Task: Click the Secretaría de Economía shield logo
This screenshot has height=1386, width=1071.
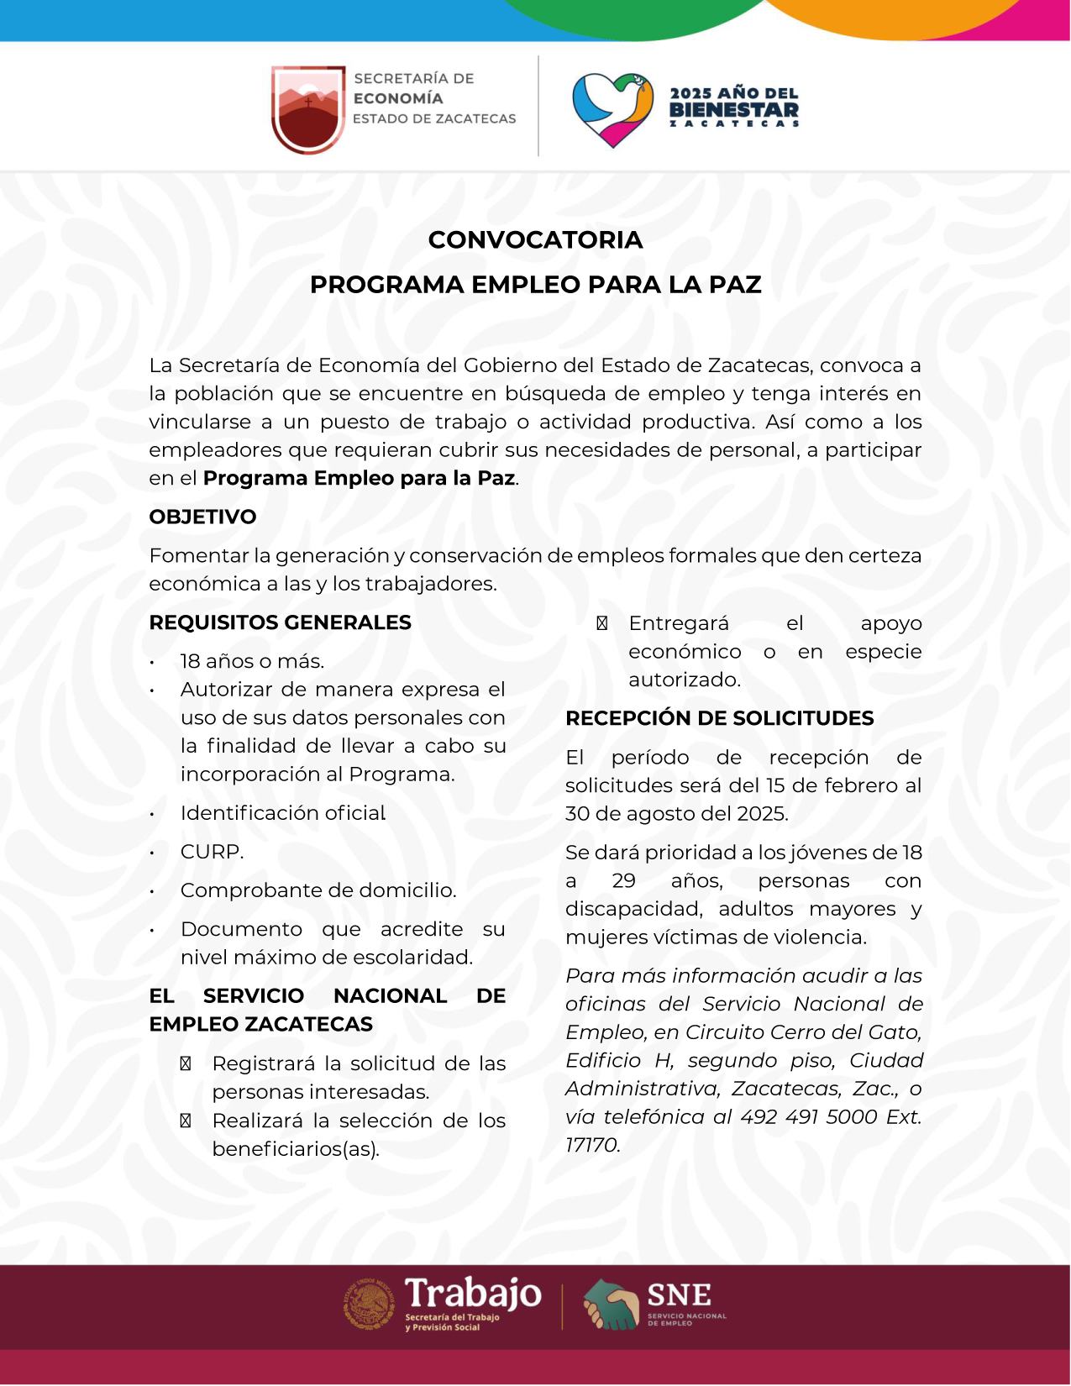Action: click(308, 108)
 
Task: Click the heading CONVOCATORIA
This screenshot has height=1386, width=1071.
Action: click(535, 240)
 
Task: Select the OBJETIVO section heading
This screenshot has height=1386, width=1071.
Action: click(202, 517)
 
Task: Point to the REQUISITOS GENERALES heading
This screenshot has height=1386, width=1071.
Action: click(280, 622)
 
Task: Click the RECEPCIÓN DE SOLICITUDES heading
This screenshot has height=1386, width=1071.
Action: click(719, 718)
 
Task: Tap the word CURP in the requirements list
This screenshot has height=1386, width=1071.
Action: click(211, 852)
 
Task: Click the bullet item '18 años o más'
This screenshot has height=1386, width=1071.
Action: click(252, 661)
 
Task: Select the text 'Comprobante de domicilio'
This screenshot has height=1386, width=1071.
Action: click(318, 890)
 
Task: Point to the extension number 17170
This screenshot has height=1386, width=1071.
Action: click(591, 1145)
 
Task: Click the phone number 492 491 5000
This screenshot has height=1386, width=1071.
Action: click(808, 1117)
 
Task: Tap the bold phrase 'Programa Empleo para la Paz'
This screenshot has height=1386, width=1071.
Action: click(359, 478)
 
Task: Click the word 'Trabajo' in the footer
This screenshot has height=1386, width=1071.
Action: click(473, 1294)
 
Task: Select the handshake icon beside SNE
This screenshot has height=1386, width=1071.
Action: click(611, 1304)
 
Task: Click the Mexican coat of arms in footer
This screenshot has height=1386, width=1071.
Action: click(369, 1305)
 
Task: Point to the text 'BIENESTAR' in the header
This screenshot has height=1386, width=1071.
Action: click(733, 110)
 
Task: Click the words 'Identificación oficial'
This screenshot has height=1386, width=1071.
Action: click(282, 813)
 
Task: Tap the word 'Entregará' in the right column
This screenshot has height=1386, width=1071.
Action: click(679, 623)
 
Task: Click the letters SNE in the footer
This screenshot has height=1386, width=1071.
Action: click(679, 1294)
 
